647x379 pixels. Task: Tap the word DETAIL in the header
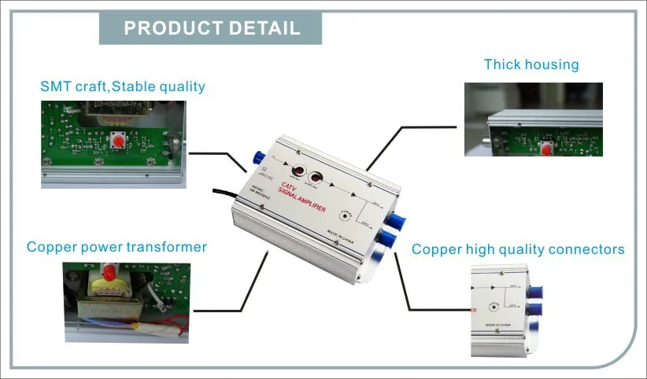(264, 28)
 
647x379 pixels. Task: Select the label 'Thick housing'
(531, 64)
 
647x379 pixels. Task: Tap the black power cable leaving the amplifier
(220, 193)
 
